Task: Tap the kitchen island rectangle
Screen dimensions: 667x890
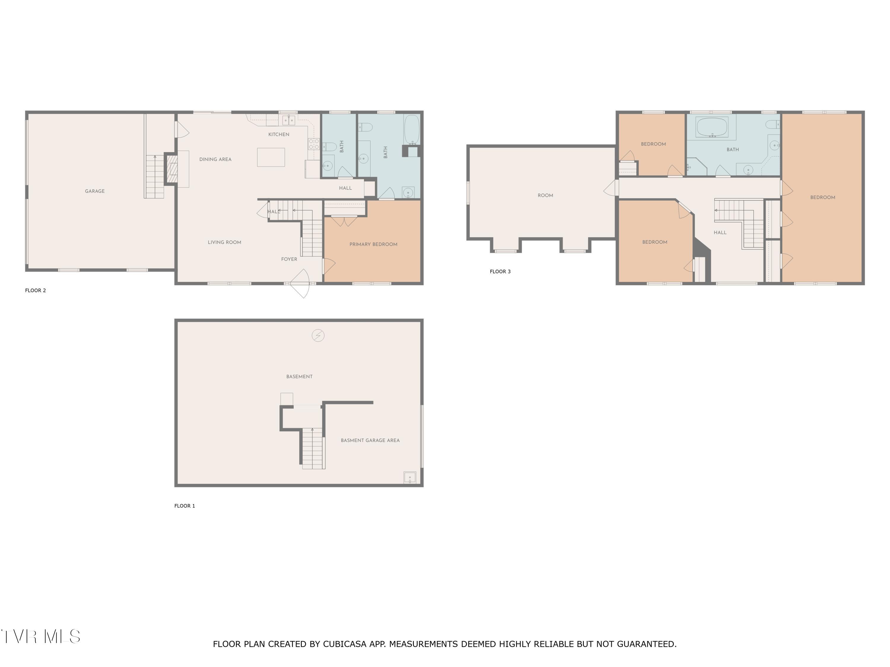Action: point(271,157)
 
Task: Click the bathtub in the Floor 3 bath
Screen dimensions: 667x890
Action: point(712,127)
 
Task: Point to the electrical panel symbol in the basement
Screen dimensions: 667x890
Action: point(318,335)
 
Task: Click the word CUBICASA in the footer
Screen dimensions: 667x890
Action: point(344,644)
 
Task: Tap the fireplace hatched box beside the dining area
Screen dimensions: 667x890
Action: point(172,169)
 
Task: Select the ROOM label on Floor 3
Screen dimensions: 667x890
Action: point(545,195)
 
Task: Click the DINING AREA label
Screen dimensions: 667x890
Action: point(215,159)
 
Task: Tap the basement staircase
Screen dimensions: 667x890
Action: point(313,448)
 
